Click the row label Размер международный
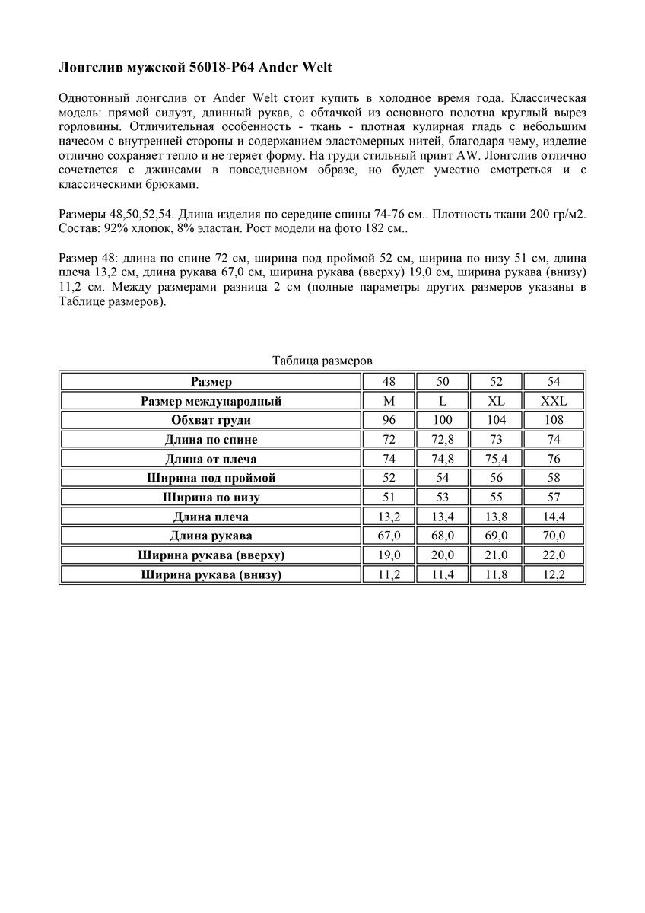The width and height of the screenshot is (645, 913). point(211,401)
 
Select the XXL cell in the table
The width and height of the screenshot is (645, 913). point(553,401)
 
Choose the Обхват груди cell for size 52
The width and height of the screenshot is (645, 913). point(496,420)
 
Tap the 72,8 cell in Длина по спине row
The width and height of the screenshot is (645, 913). point(443,440)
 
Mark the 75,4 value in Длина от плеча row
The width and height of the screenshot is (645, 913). point(496,459)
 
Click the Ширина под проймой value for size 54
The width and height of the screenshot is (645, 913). point(553,479)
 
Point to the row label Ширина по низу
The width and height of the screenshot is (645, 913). point(211,498)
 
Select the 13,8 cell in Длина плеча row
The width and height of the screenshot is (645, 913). point(496,517)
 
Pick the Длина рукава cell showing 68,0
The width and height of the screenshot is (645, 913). point(443,536)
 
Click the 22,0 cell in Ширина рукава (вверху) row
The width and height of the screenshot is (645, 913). point(553,555)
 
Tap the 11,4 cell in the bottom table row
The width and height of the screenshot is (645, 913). point(443,575)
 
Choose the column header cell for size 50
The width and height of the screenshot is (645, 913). point(443,381)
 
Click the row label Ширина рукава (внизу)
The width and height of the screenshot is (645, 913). point(211,575)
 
